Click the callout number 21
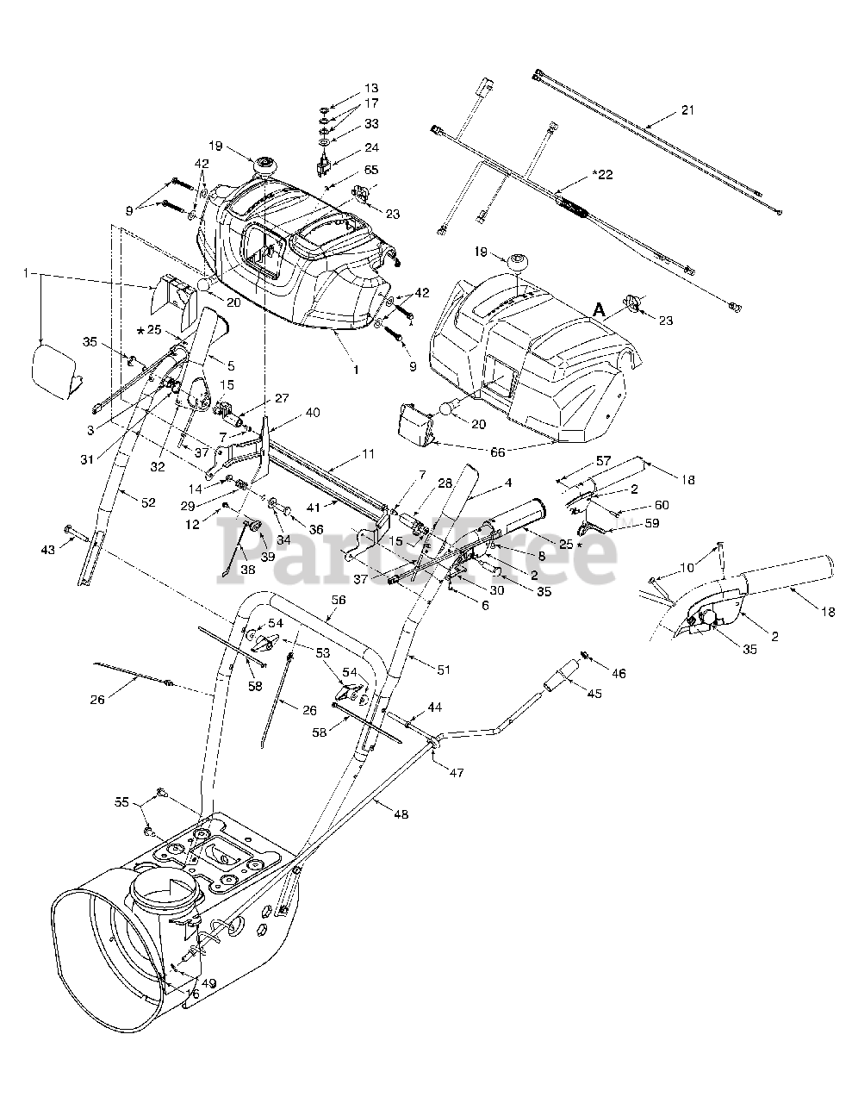tap(687, 110)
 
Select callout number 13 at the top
tap(371, 89)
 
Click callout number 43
tap(49, 550)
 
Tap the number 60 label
tap(662, 505)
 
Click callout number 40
tap(313, 412)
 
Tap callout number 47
tap(456, 773)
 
